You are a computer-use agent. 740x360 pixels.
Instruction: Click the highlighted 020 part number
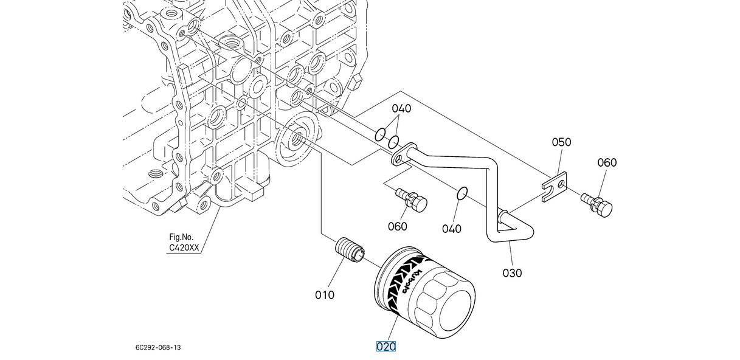(386, 347)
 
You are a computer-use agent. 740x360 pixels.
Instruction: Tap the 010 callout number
(325, 295)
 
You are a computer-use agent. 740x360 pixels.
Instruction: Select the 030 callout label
(512, 273)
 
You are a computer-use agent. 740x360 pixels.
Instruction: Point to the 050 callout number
(561, 142)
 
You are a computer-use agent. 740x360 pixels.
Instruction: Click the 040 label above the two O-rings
(401, 108)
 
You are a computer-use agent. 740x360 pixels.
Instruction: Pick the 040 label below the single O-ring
(452, 229)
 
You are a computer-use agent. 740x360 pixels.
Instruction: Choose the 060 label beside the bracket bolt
(607, 162)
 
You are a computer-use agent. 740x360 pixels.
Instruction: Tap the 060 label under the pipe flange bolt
(397, 227)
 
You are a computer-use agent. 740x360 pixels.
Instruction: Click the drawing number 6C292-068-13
(158, 347)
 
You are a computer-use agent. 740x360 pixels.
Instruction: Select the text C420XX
(184, 247)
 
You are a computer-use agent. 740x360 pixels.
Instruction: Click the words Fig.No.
(181, 237)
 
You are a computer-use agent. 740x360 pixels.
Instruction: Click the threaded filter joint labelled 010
(350, 250)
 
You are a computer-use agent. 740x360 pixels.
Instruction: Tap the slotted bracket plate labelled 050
(555, 187)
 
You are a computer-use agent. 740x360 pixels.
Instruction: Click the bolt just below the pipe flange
(412, 200)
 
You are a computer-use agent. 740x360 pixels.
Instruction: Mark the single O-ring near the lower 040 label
(462, 193)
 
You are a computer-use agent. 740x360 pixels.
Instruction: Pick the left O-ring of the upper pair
(380, 134)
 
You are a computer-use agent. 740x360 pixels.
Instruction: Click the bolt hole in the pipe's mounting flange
(398, 161)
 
